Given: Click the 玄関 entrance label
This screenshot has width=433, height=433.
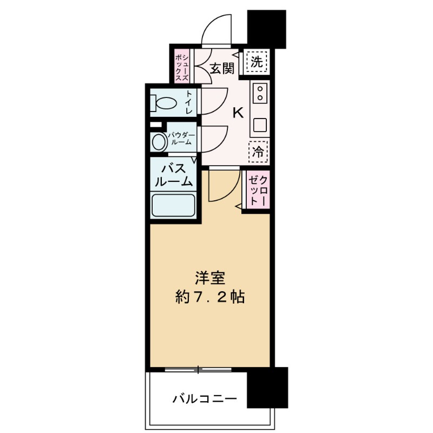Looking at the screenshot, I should [222, 69].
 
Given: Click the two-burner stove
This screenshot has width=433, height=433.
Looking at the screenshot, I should [259, 93].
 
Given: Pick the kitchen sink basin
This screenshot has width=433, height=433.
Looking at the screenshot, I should [259, 125].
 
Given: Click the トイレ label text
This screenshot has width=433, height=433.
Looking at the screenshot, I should [189, 102].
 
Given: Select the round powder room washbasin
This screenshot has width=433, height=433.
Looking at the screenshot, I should [159, 142].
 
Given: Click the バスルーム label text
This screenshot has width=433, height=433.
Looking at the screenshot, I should [174, 175].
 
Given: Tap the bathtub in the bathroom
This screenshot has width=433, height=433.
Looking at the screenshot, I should [173, 205].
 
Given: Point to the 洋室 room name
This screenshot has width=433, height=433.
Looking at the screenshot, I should [211, 278].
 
